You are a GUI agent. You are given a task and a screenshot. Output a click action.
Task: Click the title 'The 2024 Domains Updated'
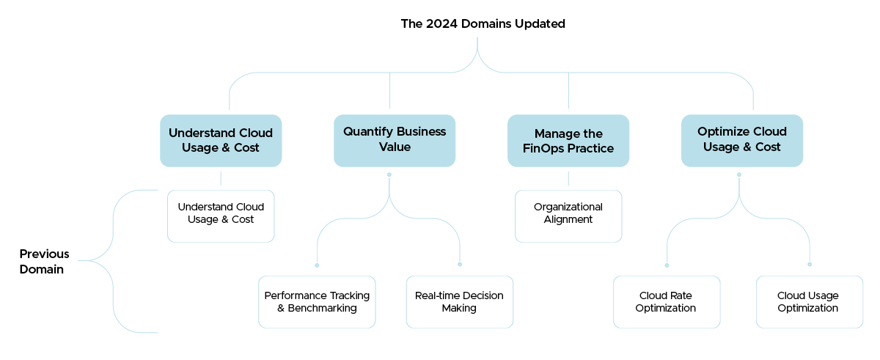point(483,23)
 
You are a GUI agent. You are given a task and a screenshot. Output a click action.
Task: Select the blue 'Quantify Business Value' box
point(395,140)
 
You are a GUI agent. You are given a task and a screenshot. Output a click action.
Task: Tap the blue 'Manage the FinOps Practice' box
point(568,141)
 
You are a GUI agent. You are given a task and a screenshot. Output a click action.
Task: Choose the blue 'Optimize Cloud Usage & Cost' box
point(742,140)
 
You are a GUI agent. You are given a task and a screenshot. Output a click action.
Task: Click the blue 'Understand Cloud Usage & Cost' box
point(221,141)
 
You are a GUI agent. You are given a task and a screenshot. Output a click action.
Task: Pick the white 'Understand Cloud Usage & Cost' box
point(221,216)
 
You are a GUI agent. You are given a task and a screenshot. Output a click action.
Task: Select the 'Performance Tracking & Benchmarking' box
point(317,302)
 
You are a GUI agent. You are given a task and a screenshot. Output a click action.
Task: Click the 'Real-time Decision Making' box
point(460,302)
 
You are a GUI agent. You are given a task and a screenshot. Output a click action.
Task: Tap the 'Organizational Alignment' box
point(568,216)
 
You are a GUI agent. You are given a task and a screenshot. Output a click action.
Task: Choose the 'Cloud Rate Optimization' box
point(667,302)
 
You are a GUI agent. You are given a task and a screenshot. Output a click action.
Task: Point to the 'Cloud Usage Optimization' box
point(810,302)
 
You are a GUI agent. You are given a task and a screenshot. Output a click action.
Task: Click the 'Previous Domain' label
point(44,262)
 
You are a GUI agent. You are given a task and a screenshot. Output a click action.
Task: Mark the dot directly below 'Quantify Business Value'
point(389,175)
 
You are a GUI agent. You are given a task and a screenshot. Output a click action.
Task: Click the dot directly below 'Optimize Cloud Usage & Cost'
point(738,175)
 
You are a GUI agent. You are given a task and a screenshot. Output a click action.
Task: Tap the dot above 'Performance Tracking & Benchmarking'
point(317,265)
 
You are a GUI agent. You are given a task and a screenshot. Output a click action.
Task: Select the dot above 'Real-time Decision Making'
point(460,264)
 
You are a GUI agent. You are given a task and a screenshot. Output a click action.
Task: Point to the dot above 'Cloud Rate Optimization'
point(667,265)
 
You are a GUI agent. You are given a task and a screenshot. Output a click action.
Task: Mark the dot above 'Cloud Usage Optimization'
point(810,264)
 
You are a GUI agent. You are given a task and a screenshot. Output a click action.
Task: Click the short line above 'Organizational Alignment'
point(568,178)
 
